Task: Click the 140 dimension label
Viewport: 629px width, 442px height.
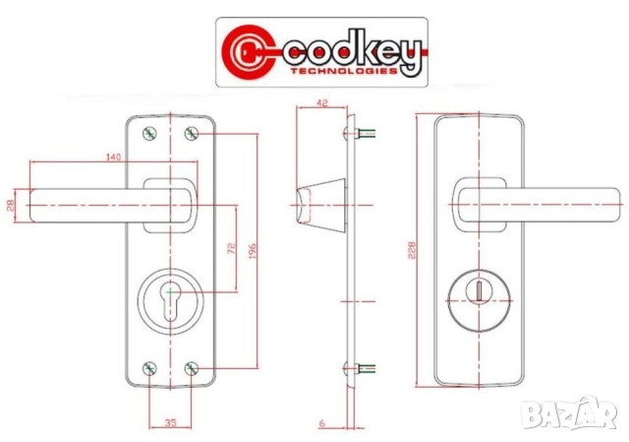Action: (114, 157)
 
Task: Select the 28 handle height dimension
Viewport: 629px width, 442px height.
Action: (11, 205)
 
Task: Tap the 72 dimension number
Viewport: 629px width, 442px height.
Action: (232, 248)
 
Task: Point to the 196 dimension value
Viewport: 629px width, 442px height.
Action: (253, 250)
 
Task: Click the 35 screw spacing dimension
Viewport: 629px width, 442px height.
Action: (170, 422)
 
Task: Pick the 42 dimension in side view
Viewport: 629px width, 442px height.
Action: (321, 102)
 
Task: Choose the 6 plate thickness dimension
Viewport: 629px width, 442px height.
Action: (321, 422)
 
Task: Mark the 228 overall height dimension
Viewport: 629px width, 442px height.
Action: (412, 250)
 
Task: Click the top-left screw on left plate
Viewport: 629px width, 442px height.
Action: (149, 134)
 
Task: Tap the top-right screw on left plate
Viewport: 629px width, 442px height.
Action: (192, 134)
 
